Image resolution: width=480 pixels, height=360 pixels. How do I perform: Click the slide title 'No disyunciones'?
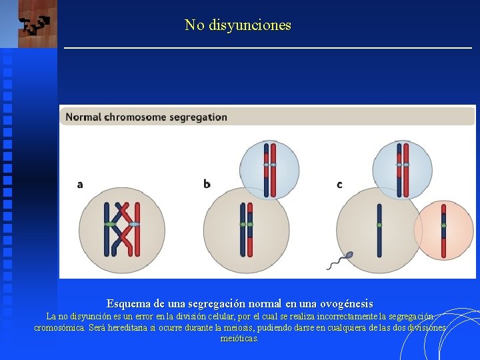tap(237, 25)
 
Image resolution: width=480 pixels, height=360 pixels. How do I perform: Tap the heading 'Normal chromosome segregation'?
tap(146, 117)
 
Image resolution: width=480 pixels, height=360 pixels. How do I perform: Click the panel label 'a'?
tap(80, 184)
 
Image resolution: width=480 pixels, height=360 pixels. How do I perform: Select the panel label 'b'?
tap(207, 184)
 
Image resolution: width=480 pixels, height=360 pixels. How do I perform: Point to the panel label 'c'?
tap(339, 184)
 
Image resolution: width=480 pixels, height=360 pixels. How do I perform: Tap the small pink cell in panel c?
tap(444, 230)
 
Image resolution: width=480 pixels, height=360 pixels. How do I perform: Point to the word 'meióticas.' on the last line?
tap(239, 339)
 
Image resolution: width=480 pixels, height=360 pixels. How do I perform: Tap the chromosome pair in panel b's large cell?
tap(246, 229)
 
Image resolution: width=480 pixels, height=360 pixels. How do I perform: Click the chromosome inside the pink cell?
tap(443, 230)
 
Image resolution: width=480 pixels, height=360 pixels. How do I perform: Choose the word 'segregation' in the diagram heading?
tap(198, 117)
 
